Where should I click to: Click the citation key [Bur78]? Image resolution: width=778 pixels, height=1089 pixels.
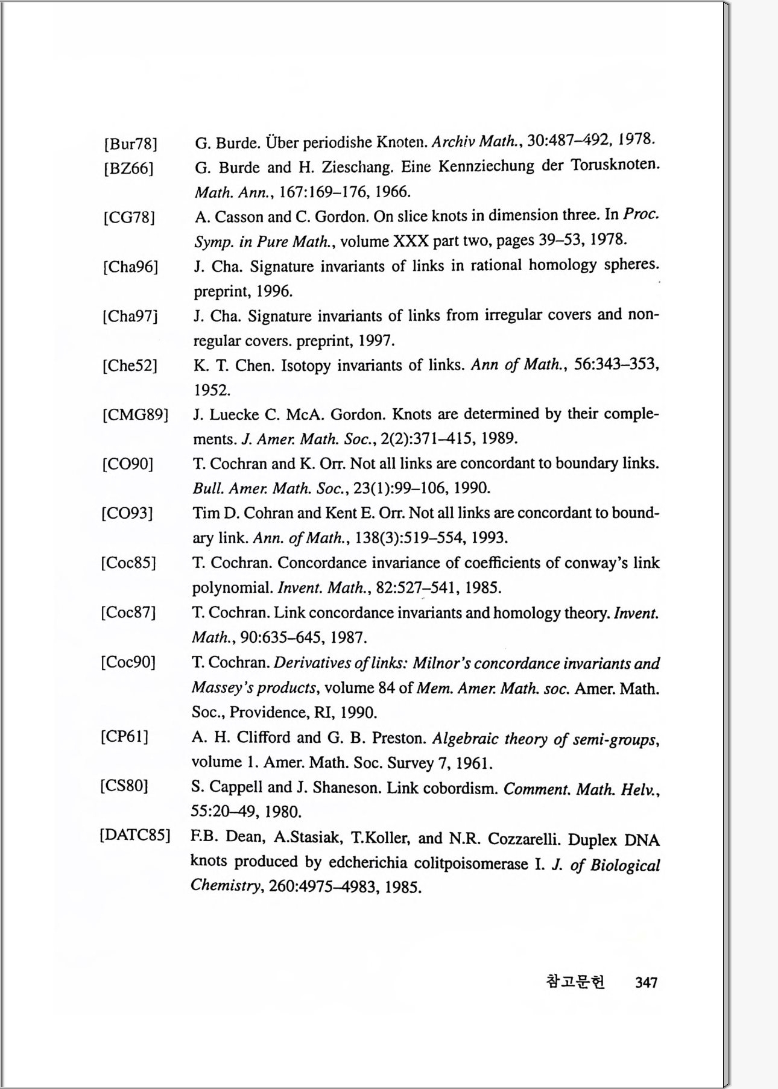pyautogui.click(x=131, y=144)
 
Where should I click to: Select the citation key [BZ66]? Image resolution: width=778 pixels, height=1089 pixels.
pyautogui.click(x=128, y=168)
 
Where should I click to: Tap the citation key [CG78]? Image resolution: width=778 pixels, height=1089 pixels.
pyautogui.click(x=129, y=218)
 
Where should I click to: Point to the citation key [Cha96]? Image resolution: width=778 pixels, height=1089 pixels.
pyautogui.click(x=131, y=267)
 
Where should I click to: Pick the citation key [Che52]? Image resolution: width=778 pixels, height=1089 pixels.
pyautogui.click(x=130, y=366)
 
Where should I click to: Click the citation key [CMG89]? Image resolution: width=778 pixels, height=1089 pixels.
pyautogui.click(x=135, y=415)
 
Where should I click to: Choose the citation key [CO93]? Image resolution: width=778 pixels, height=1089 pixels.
pyautogui.click(x=127, y=514)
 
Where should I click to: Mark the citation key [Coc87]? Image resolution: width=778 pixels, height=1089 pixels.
pyautogui.click(x=128, y=613)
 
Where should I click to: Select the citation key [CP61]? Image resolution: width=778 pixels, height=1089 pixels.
pyautogui.click(x=125, y=737)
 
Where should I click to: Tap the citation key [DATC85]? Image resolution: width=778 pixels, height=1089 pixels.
pyautogui.click(x=135, y=836)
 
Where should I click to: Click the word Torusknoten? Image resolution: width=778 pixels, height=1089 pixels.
pyautogui.click(x=615, y=165)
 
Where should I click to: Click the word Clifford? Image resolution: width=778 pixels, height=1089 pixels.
pyautogui.click(x=265, y=737)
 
